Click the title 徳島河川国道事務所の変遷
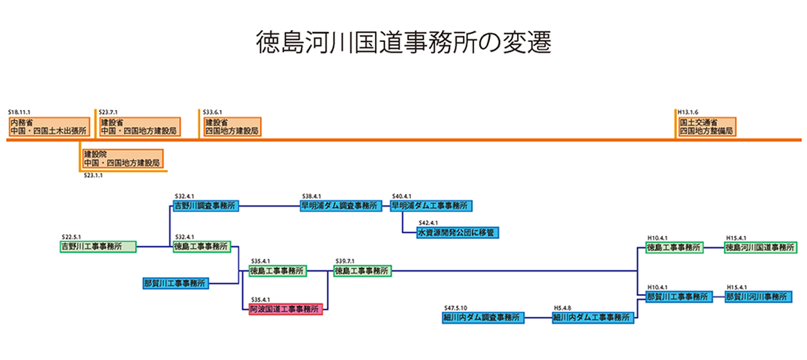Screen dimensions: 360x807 click(404, 43)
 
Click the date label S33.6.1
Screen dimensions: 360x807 click(212, 113)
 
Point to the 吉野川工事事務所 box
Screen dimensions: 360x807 click(97, 247)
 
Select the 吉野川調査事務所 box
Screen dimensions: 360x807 click(205, 206)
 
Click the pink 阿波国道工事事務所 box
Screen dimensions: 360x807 click(285, 309)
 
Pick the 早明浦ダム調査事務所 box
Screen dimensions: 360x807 click(340, 206)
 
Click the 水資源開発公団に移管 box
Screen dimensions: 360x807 click(458, 233)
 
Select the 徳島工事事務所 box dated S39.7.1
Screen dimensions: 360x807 click(362, 271)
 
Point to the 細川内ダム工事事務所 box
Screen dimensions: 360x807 click(593, 318)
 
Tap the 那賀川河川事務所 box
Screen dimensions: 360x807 click(758, 295)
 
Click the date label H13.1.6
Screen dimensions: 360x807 click(688, 113)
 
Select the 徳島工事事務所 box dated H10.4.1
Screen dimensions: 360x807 click(674, 247)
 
